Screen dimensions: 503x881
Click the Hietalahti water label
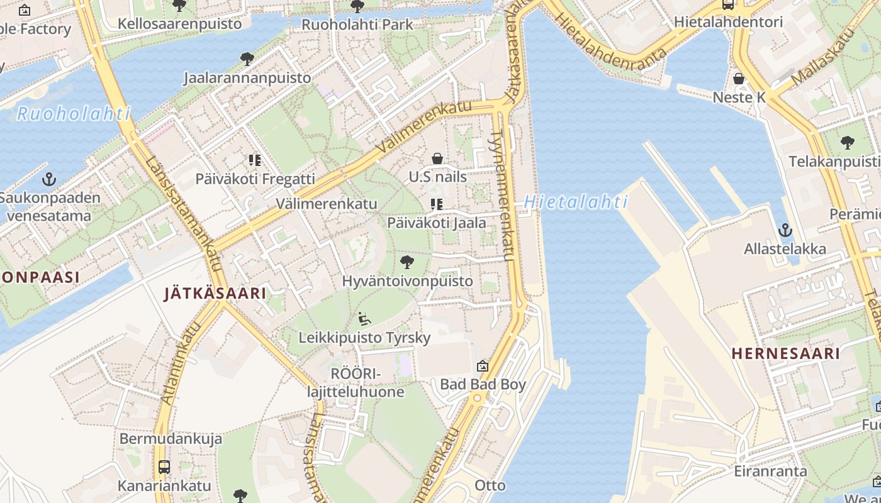point(576,202)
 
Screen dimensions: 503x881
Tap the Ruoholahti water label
point(74,114)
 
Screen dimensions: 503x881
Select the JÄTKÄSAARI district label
point(215,293)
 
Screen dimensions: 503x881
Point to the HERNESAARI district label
point(786,353)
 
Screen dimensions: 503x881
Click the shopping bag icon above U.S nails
point(437,158)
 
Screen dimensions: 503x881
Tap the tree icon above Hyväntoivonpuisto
point(407,262)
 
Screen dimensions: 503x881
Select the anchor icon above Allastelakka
point(785,230)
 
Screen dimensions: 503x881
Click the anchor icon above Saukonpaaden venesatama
point(49,180)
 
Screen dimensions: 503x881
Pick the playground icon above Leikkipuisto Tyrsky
point(364,319)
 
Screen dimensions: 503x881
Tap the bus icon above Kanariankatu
point(164,467)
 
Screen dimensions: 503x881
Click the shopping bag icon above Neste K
point(739,79)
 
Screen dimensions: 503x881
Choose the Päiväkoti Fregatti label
point(255,179)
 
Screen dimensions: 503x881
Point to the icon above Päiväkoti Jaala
point(437,204)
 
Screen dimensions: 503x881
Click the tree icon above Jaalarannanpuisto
point(247,59)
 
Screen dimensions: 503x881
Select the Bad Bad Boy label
point(483,384)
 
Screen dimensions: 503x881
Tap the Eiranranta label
point(770,471)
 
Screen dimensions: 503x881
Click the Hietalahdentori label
point(728,22)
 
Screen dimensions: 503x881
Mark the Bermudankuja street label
point(171,438)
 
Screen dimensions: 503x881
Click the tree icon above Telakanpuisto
point(848,143)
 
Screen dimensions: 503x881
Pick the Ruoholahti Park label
point(357,25)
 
